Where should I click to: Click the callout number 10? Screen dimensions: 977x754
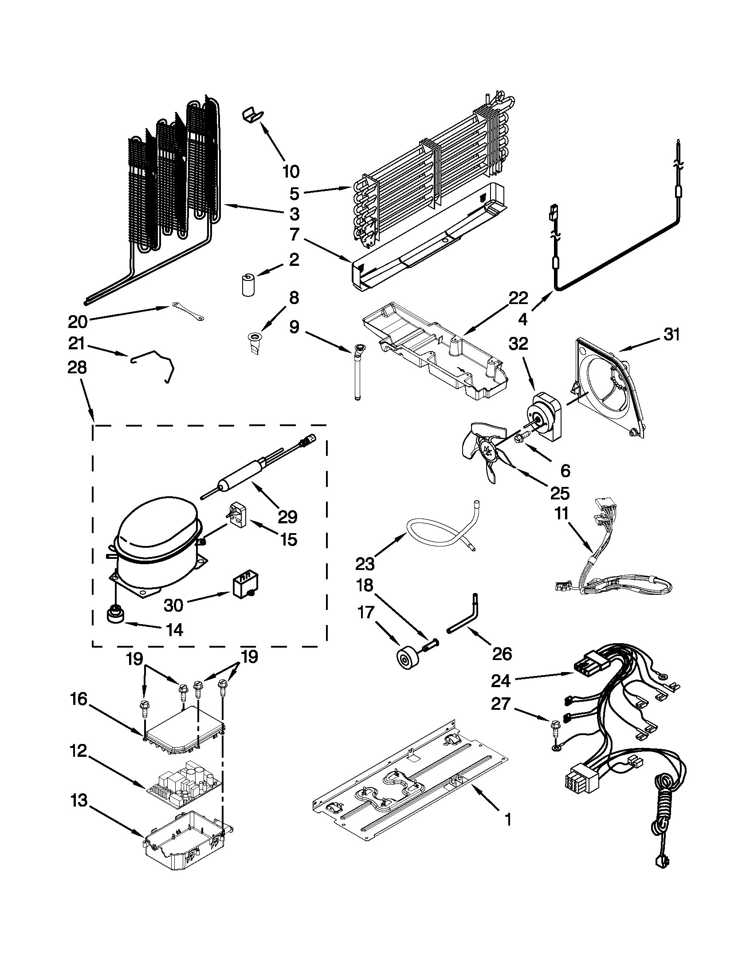[291, 171]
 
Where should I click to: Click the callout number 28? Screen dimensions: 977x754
[77, 368]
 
